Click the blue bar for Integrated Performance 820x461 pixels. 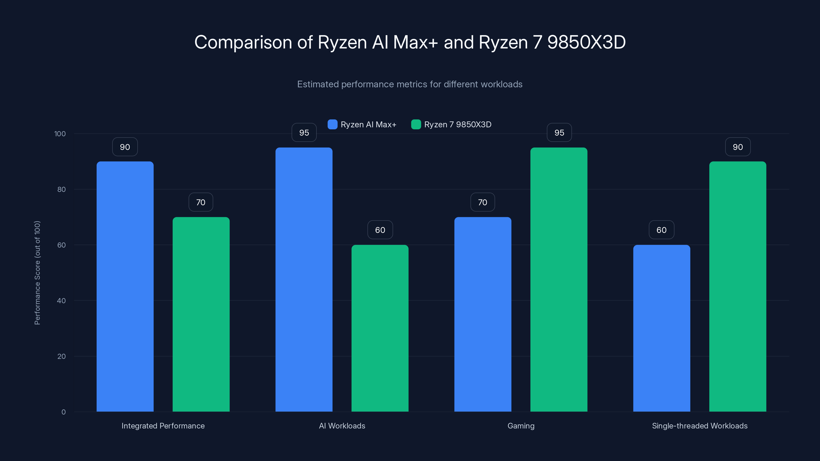125,286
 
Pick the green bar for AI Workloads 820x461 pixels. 380,328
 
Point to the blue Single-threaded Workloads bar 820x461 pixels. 661,328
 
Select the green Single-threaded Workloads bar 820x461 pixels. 737,286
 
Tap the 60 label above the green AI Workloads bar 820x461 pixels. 380,230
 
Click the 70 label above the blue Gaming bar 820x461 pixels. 483,202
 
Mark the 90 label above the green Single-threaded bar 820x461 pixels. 737,147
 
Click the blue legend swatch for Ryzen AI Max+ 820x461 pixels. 332,124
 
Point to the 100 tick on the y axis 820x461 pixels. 60,134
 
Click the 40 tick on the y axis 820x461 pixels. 61,301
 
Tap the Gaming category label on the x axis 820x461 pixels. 521,426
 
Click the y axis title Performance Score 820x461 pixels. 37,273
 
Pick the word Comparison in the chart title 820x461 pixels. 243,42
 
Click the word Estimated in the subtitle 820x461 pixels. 318,84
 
